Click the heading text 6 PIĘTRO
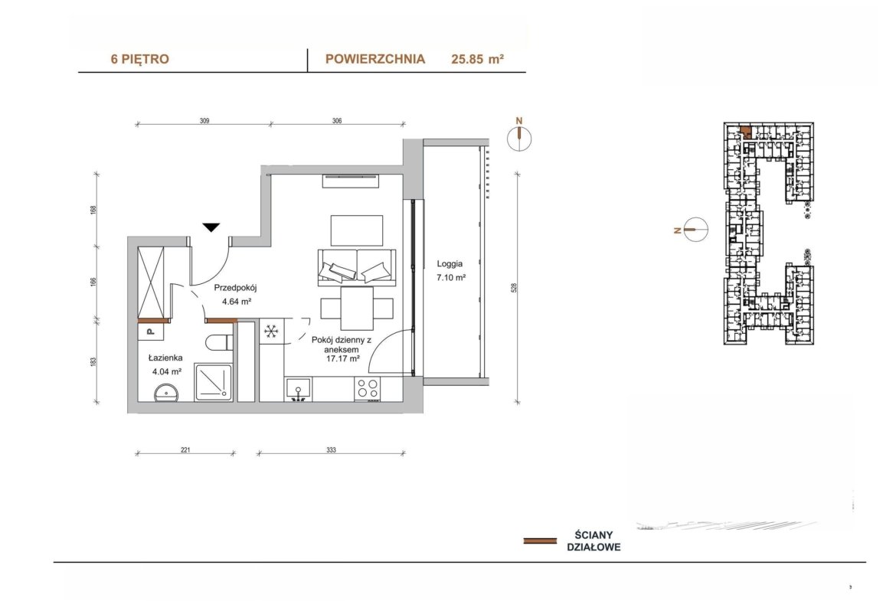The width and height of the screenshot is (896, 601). click(x=140, y=59)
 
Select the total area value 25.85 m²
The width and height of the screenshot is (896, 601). click(x=477, y=59)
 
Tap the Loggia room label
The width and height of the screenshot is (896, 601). click(x=450, y=264)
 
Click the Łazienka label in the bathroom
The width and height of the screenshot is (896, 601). click(x=165, y=358)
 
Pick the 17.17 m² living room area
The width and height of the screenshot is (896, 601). click(x=342, y=359)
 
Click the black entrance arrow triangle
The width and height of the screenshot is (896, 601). click(x=211, y=227)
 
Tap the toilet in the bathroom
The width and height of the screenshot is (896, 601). click(x=220, y=343)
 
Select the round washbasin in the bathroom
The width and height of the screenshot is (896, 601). click(x=166, y=393)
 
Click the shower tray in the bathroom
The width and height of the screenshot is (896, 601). click(x=213, y=382)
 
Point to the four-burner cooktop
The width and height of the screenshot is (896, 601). click(x=367, y=389)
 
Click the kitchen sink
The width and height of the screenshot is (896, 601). click(x=298, y=389)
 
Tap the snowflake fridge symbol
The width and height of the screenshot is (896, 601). click(x=271, y=331)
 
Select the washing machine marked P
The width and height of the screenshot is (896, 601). click(x=151, y=331)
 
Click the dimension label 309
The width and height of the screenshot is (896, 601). click(x=204, y=120)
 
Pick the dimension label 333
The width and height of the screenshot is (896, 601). click(x=332, y=449)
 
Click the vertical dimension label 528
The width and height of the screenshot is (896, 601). click(x=514, y=287)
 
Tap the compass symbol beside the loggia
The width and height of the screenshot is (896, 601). click(x=519, y=138)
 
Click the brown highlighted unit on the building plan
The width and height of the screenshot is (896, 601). click(x=746, y=132)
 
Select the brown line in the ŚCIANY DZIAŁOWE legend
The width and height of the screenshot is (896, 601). click(x=540, y=541)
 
